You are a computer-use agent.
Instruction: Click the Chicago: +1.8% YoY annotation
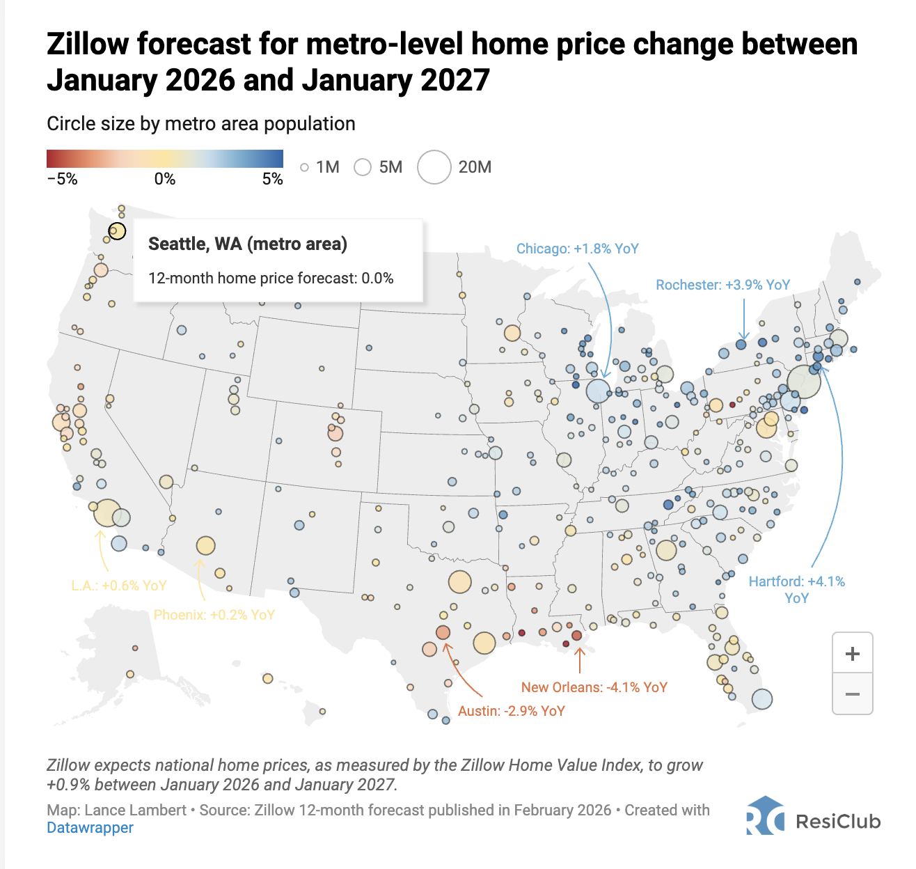point(577,249)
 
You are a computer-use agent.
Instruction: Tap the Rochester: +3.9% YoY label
point(722,285)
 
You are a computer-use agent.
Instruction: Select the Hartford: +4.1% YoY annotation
point(796,589)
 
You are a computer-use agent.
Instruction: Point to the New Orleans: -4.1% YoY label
point(594,687)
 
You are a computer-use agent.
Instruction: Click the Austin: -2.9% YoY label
point(511,711)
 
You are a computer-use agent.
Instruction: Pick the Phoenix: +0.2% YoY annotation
point(214,615)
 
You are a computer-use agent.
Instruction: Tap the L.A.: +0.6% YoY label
point(118,586)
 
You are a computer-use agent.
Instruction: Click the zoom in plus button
point(852,653)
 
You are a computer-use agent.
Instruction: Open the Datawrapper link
point(90,828)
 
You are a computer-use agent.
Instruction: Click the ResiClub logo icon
point(764,816)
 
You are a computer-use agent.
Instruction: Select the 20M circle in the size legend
point(434,167)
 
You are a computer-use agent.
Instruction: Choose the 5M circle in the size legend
point(363,167)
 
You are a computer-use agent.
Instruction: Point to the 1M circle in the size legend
point(304,167)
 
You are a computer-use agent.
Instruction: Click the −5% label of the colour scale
point(62,179)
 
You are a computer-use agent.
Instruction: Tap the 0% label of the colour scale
point(164,179)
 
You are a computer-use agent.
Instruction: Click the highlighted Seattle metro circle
point(117,230)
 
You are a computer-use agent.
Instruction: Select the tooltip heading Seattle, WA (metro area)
point(247,244)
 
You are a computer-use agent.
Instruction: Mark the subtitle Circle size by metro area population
point(200,124)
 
